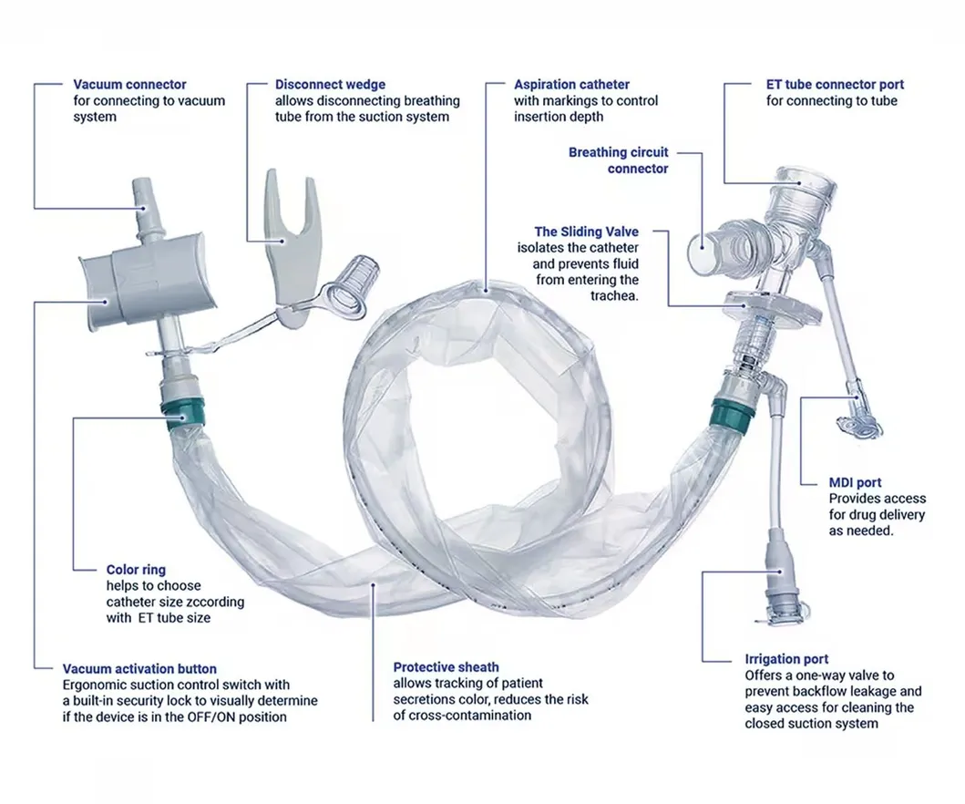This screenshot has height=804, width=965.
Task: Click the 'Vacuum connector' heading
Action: click(x=129, y=85)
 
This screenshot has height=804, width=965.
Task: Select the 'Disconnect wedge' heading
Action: click(x=330, y=85)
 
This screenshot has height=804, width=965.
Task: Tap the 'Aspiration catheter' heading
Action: click(x=571, y=85)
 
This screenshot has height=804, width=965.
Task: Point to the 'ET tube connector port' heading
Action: click(x=835, y=85)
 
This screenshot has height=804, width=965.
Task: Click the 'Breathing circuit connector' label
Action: click(x=619, y=160)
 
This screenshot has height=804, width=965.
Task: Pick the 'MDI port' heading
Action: click(x=855, y=482)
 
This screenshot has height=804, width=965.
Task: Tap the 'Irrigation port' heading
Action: click(x=786, y=659)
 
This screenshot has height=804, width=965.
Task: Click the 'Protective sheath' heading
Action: click(x=446, y=667)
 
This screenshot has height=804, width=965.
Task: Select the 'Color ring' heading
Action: click(x=136, y=570)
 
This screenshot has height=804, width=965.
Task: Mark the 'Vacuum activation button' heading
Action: click(x=139, y=669)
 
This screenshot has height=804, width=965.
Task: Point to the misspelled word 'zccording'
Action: click(x=215, y=602)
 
